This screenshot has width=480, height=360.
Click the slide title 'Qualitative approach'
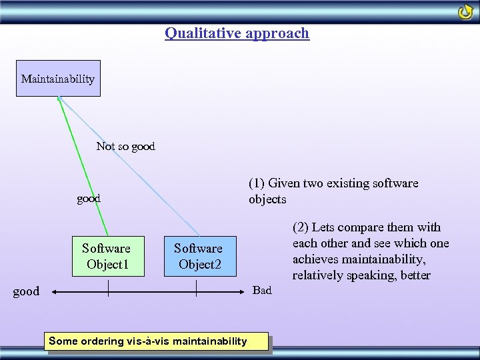click(237, 33)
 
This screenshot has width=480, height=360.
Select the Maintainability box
click(58, 79)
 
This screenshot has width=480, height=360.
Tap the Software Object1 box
click(106, 257)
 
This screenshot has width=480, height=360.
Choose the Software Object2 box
click(198, 257)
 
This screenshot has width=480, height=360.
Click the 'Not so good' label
click(125, 146)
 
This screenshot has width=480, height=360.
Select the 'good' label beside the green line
click(89, 198)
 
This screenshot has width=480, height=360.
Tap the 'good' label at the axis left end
click(26, 291)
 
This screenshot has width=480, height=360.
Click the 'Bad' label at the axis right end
click(262, 290)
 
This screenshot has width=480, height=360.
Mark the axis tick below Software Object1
click(108, 288)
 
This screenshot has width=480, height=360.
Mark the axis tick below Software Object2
click(196, 288)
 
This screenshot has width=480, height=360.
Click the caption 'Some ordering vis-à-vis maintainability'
click(148, 341)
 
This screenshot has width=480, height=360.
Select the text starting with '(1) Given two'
click(333, 191)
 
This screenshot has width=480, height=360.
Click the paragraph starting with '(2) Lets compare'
click(371, 251)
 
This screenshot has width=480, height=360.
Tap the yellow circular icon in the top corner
click(465, 12)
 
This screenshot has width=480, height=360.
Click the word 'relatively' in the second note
click(318, 275)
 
